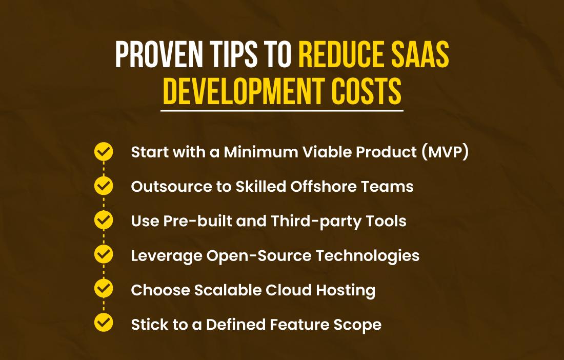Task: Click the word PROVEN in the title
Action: click(x=159, y=55)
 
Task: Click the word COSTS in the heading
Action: click(x=366, y=91)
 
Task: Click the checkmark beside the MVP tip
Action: click(x=104, y=151)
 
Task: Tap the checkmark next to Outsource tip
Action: click(x=104, y=186)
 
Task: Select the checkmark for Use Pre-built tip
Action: click(x=104, y=219)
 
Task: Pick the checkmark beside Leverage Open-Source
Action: click(x=104, y=254)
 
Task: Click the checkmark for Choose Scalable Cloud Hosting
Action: click(x=104, y=288)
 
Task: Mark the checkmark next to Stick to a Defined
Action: click(x=104, y=323)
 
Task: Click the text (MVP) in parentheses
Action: click(x=445, y=152)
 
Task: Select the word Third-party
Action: click(x=316, y=221)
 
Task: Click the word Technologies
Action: click(x=368, y=256)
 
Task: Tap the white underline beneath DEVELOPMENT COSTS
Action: click(x=282, y=110)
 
